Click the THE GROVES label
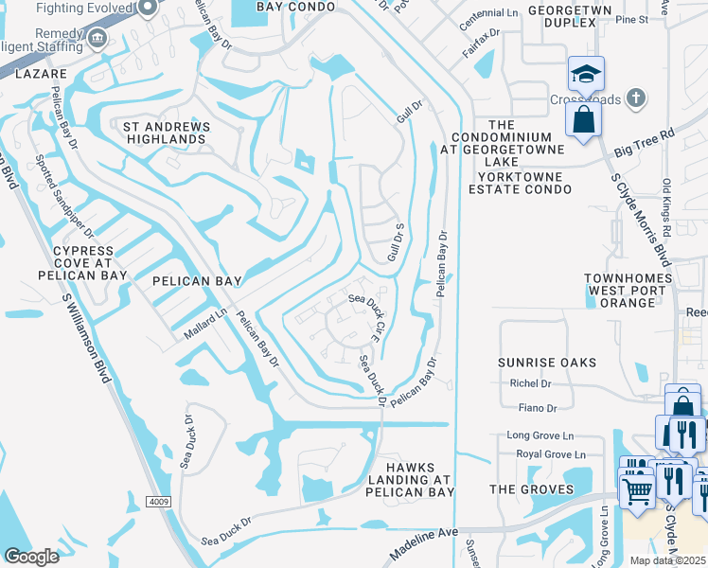[x=531, y=489]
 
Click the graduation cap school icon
[x=586, y=74]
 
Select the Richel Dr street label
[x=530, y=383]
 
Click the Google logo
[x=31, y=557]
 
